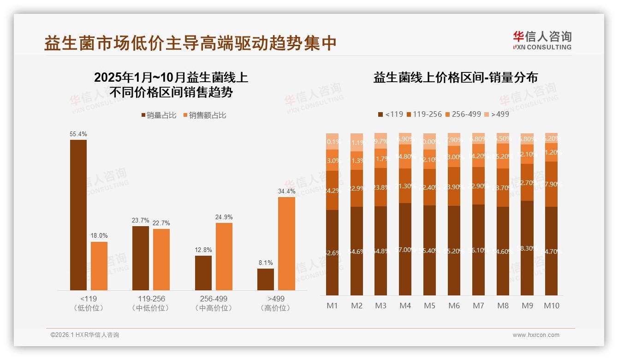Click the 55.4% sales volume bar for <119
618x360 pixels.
point(78,215)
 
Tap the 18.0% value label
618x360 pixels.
point(99,236)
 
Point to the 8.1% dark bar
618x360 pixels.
point(266,279)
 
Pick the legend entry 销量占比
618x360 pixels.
point(158,115)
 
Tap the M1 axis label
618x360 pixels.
point(333,306)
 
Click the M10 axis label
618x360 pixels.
point(551,306)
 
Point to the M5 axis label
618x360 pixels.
point(429,306)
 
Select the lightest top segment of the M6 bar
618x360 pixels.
point(454,139)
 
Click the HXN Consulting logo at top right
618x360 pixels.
point(542,40)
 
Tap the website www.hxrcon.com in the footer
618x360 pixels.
point(536,335)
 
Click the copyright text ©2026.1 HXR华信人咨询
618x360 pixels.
point(85,335)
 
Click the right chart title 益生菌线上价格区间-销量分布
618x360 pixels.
point(455,78)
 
